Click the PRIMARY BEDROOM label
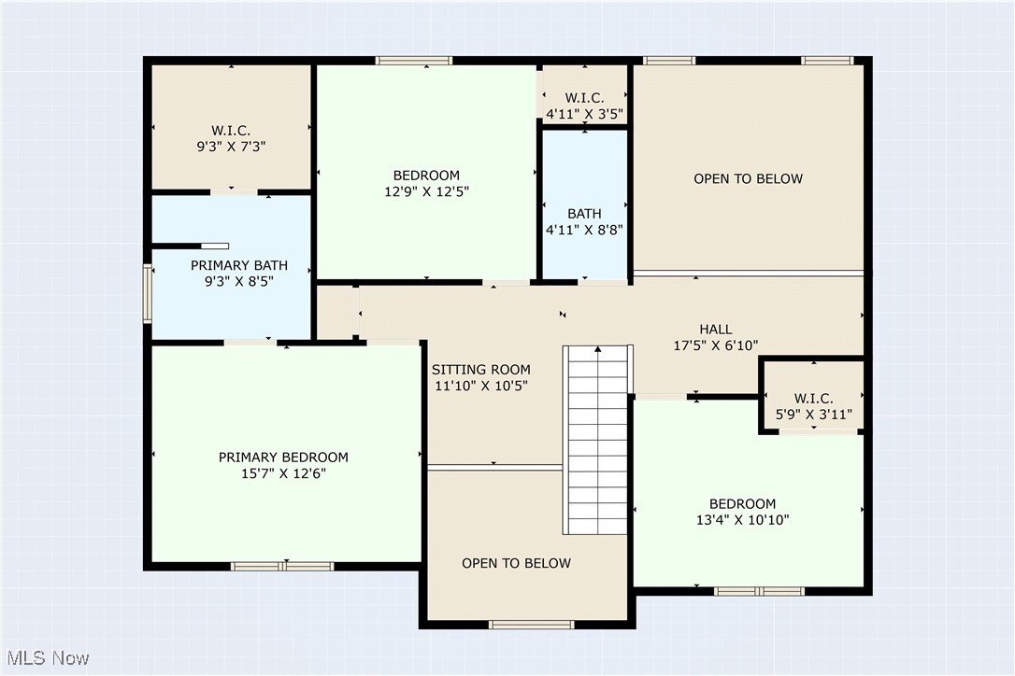click(x=283, y=458)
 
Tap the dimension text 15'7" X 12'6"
click(x=283, y=473)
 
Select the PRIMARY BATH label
click(x=233, y=265)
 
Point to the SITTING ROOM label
click(x=481, y=370)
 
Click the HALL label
click(x=716, y=330)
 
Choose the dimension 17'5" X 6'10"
click(x=716, y=345)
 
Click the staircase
click(x=595, y=439)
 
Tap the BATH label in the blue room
click(x=584, y=214)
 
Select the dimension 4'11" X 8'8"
click(x=584, y=230)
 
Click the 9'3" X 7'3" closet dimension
click(x=230, y=146)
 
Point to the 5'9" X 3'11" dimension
click(x=813, y=414)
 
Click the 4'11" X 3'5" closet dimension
click(x=584, y=114)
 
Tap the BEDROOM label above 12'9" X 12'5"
click(x=426, y=176)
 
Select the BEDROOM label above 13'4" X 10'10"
click(x=742, y=504)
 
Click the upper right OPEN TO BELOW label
click(x=748, y=178)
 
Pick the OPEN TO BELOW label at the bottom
click(x=516, y=563)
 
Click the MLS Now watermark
click(x=46, y=658)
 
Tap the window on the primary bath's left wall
click(x=147, y=293)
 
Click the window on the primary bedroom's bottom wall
click(x=282, y=566)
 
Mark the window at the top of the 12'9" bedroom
click(x=414, y=61)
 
